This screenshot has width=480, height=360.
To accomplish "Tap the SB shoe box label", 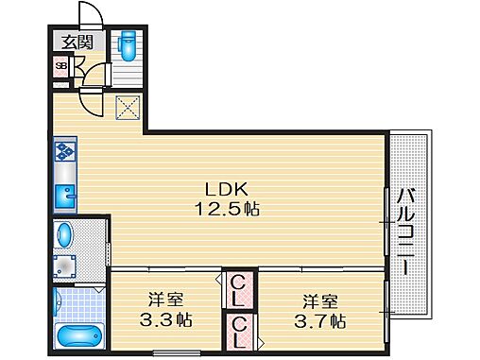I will (60, 66).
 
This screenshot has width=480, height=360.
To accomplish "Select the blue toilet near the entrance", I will (127, 44).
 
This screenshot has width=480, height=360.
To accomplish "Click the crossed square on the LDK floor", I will (128, 109).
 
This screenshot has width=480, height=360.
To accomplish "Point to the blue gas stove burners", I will (65, 150).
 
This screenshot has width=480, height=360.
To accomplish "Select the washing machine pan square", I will (65, 265).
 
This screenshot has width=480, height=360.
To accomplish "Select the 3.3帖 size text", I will (165, 319).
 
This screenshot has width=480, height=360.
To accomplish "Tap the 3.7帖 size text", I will (318, 319).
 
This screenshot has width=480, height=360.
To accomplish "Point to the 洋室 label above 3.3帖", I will (166, 300).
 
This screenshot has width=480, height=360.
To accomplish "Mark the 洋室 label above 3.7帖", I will (318, 300).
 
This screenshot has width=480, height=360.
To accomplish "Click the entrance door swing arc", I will (90, 14).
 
